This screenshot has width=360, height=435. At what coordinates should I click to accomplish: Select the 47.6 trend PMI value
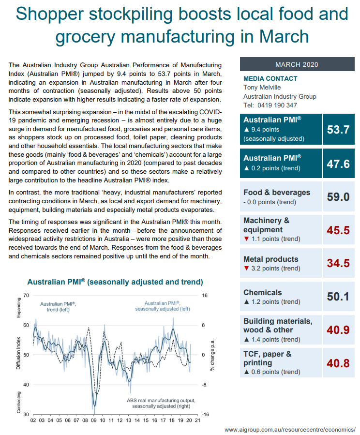point(338,164)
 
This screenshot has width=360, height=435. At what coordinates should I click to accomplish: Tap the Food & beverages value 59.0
point(338,197)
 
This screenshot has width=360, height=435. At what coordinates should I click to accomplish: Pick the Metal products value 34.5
point(338,264)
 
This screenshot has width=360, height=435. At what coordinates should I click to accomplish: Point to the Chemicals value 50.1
point(338,297)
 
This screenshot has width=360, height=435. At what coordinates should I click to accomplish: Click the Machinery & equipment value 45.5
point(338,230)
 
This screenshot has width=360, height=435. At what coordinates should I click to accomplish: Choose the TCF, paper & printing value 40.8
point(338,362)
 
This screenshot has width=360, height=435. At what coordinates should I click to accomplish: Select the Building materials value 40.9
point(338,330)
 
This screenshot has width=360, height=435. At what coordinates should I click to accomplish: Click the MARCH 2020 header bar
point(297,64)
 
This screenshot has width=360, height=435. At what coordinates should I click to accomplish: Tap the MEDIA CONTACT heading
point(270,78)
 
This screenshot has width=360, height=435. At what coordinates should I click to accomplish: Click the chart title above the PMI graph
point(115,282)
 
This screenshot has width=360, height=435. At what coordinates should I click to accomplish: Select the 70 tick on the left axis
point(26,295)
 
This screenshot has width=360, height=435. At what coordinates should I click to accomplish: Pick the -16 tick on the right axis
point(205,415)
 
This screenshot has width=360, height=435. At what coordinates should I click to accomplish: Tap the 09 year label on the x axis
point(94,421)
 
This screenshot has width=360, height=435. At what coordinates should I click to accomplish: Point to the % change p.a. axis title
point(212,355)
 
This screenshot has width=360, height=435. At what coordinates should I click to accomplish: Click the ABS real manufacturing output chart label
point(161,403)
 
